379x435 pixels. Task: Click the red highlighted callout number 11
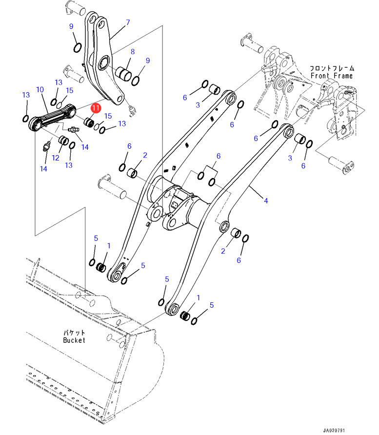coord(96,108)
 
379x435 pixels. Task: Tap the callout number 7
coord(128,22)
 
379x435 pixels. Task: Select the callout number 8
coord(132,52)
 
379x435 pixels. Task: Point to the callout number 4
coord(266,200)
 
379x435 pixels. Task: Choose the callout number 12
coord(56,158)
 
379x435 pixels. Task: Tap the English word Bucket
coord(74,340)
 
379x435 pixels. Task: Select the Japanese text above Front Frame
coord(332,68)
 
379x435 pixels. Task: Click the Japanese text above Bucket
coord(74,332)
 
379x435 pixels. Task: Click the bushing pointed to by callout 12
coord(63,141)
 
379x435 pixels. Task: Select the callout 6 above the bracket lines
coord(219,156)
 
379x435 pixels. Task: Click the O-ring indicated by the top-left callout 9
coord(77,47)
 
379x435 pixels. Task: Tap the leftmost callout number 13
coord(26,95)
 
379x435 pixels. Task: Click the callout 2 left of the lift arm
coord(145,155)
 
